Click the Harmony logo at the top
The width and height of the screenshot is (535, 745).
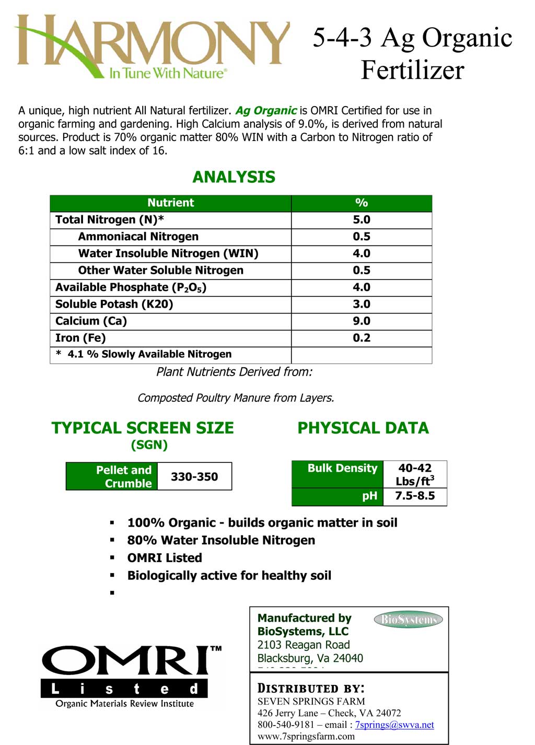tap(152, 47)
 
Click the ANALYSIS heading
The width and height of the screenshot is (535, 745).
tap(234, 177)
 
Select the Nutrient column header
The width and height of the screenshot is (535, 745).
tap(170, 203)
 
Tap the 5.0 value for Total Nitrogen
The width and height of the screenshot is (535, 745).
tap(362, 219)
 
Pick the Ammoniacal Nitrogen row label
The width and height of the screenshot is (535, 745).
tap(138, 236)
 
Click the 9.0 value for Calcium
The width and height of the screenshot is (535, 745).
tap(362, 321)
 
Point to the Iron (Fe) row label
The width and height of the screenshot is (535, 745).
tap(80, 337)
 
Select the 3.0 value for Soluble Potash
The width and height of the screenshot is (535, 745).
tap(362, 304)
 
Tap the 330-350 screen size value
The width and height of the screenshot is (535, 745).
tap(194, 476)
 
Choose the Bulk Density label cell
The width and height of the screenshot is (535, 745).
tap(342, 468)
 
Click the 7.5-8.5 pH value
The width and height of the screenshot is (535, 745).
tap(415, 496)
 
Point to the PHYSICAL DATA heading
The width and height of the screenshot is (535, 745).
tap(363, 428)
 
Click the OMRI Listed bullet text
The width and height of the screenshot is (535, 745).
tap(165, 558)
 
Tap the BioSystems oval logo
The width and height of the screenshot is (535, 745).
tap(408, 620)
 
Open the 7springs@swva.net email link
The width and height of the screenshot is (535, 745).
tap(394, 725)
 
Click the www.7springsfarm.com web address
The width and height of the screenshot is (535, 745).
tap(306, 736)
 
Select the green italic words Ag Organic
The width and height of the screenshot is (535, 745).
tap(266, 111)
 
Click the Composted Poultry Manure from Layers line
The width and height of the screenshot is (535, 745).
tap(236, 398)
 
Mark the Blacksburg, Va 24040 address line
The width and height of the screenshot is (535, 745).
tap(310, 658)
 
